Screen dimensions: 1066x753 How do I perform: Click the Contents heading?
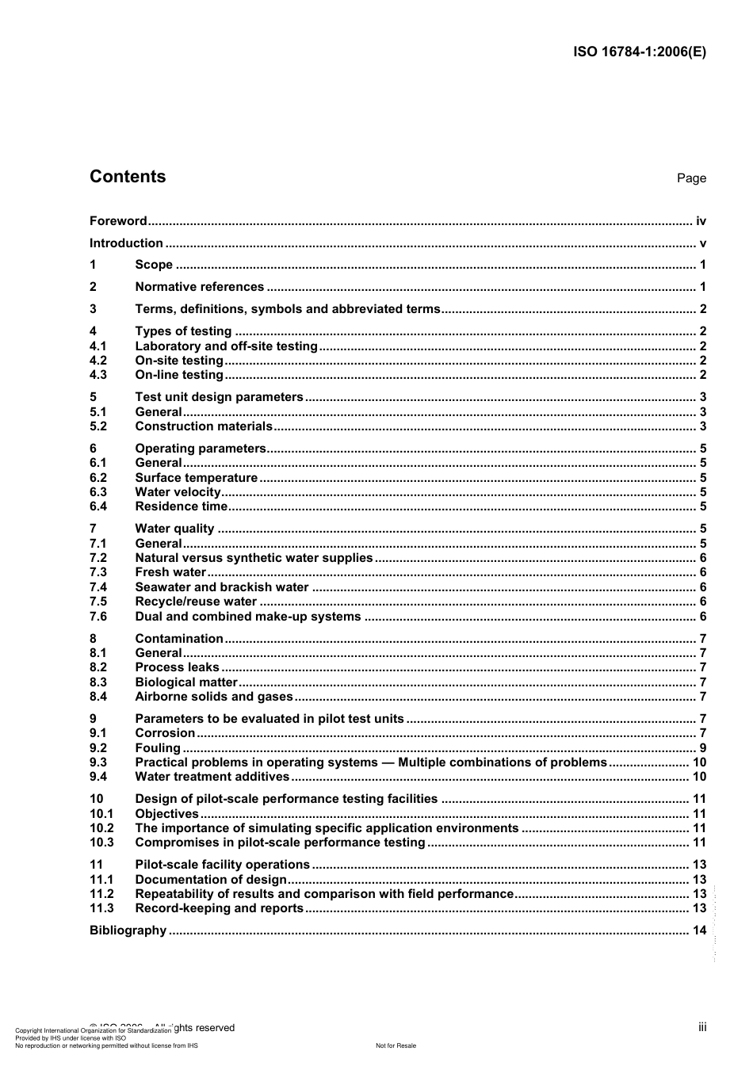click(128, 177)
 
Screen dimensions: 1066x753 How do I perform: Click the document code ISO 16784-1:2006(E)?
click(639, 52)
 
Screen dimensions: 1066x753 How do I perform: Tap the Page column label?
click(691, 178)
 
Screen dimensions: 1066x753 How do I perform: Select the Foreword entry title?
click(118, 221)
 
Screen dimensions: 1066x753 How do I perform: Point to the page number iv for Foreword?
click(701, 221)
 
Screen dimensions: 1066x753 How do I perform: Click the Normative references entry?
click(199, 287)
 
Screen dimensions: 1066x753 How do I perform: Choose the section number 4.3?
click(98, 375)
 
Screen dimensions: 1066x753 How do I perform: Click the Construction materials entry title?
click(204, 426)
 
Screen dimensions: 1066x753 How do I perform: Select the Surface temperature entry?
click(196, 478)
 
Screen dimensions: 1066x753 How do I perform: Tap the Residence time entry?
click(181, 506)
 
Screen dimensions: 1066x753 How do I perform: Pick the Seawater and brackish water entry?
click(221, 587)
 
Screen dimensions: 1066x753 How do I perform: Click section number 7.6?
click(98, 617)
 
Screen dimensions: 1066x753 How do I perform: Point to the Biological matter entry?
click(186, 682)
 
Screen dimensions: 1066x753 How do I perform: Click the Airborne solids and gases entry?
click(214, 697)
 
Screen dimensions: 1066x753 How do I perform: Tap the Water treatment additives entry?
click(212, 777)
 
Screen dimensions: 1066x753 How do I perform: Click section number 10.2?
click(101, 828)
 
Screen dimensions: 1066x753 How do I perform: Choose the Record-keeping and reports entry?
click(219, 908)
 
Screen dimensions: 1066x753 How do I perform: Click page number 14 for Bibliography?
click(699, 930)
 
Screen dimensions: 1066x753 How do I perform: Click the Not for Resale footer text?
click(396, 1045)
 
